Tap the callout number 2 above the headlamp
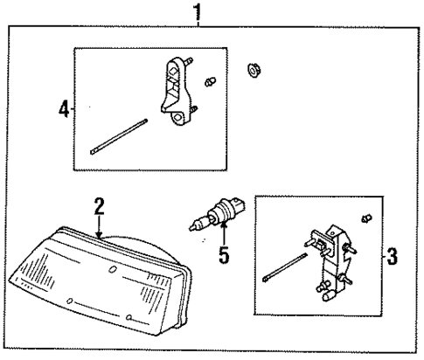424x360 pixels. point(100,206)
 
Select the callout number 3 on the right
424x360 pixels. point(391,257)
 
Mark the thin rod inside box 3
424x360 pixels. point(285,267)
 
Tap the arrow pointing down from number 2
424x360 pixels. point(101,227)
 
